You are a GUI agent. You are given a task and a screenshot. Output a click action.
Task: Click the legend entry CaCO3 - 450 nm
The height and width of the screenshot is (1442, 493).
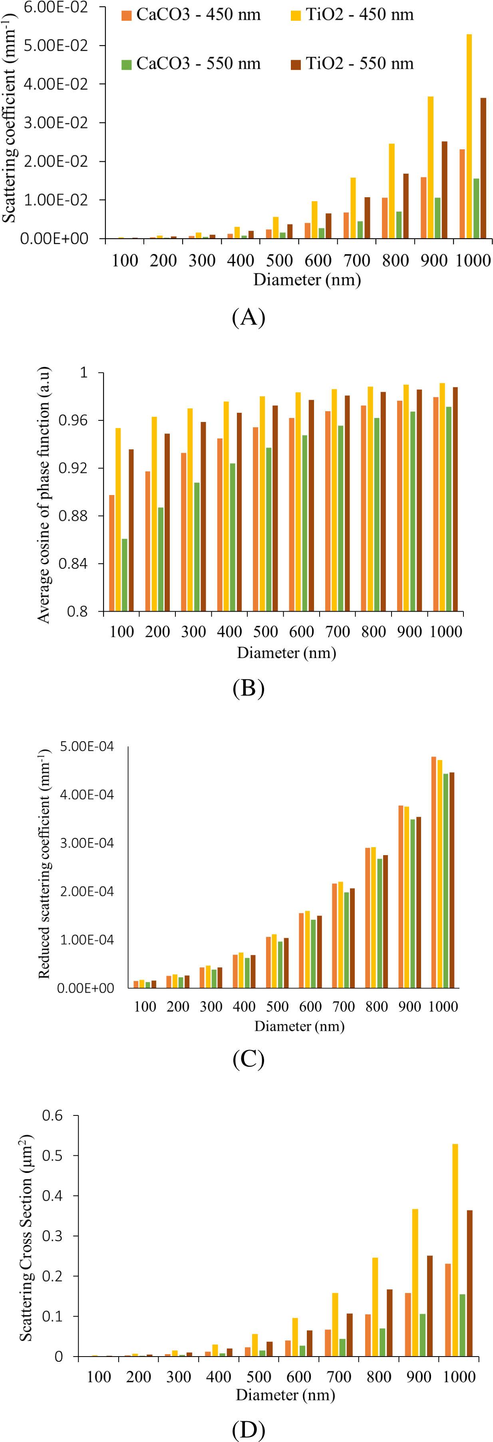pos(191,14)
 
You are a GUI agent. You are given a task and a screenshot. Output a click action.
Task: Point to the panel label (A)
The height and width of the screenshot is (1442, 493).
pos(248,317)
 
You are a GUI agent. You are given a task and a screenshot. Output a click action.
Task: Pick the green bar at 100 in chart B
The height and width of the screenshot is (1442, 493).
pos(124,574)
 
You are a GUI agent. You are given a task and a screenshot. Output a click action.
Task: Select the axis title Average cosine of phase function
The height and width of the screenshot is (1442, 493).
pos(44,494)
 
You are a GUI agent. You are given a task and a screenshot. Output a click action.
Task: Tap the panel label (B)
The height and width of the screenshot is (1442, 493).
pos(248,688)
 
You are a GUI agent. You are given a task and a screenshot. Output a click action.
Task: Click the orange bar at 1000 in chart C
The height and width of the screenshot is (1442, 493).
pos(433,872)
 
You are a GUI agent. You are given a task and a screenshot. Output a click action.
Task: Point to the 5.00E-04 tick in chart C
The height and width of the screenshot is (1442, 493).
pos(86,746)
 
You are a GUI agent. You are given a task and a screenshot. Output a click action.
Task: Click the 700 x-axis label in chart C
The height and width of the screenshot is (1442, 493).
pos(344,1006)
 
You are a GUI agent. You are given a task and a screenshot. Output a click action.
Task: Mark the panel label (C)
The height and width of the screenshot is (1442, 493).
pos(248,1059)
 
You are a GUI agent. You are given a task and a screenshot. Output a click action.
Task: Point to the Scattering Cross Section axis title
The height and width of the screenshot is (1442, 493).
pos(26,1237)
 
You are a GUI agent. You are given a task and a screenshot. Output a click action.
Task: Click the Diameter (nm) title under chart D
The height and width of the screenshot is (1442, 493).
pos(285,1394)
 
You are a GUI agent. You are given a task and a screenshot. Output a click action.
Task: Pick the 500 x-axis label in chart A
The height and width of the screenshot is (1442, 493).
pos(279,260)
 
